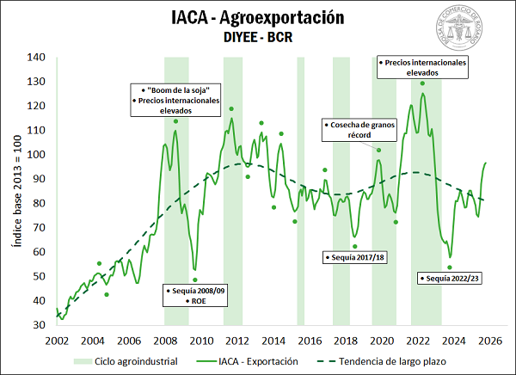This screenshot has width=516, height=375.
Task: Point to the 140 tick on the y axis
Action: point(35,58)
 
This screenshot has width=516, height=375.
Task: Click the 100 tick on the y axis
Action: point(35,155)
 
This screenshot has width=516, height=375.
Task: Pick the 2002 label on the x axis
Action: point(57,340)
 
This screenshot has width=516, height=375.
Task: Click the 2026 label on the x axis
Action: point(491,340)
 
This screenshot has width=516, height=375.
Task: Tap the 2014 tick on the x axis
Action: point(273,340)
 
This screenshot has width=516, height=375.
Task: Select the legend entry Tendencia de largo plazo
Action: point(387,361)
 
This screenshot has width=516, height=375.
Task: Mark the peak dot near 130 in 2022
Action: point(422,83)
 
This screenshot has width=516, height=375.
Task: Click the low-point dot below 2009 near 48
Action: point(195,280)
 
